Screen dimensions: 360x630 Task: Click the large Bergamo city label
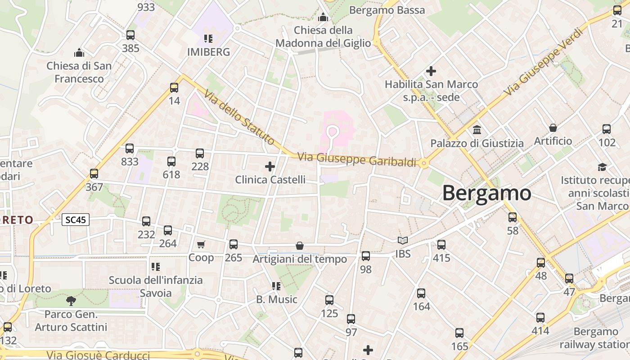[486, 193]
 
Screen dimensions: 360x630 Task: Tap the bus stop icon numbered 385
[130, 35]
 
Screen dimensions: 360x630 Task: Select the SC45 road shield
[76, 220]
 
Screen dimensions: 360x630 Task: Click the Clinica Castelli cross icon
[270, 166]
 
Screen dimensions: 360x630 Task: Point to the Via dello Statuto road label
[238, 117]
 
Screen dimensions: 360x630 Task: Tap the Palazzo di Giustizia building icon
[477, 130]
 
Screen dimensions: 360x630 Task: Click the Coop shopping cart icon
[201, 244]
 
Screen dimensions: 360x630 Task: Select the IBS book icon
[403, 241]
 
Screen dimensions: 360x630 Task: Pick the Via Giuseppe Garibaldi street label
[357, 160]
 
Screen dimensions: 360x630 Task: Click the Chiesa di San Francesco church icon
[79, 53]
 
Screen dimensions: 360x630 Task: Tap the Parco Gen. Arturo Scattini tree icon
[71, 301]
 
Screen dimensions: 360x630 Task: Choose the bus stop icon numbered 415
[441, 244]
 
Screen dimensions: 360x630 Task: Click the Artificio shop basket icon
[553, 128]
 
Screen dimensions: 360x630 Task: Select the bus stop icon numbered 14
[174, 87]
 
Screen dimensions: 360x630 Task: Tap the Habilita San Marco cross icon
[431, 71]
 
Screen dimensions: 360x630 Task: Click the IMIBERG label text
[208, 52]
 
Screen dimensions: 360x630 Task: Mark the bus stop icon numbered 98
[366, 256]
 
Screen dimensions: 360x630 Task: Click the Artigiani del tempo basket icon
[300, 246]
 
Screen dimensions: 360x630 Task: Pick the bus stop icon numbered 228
[200, 153]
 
